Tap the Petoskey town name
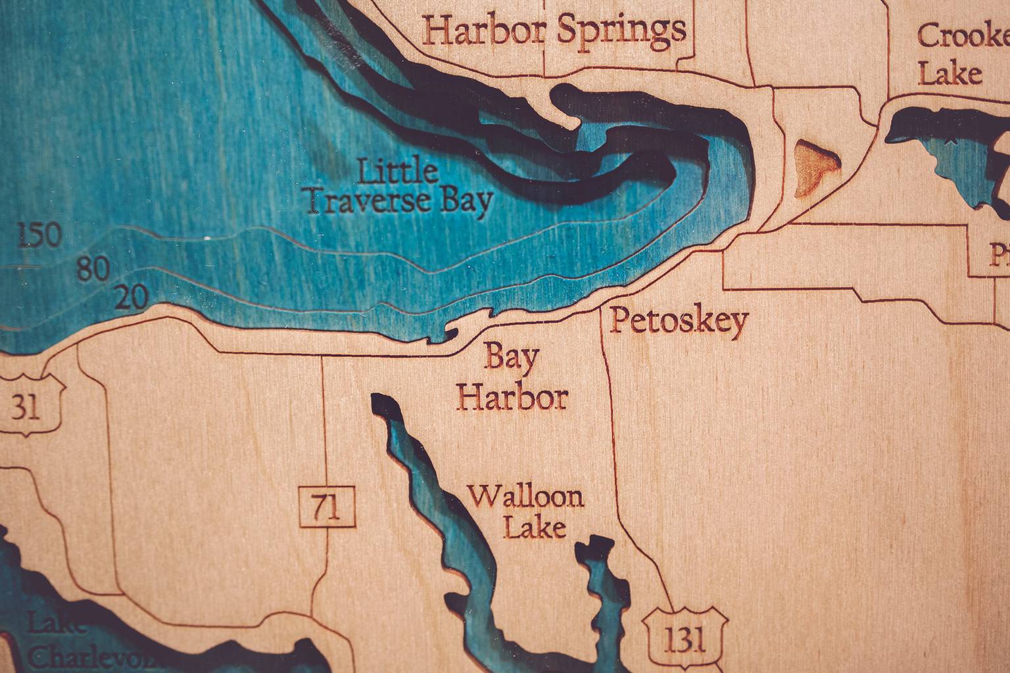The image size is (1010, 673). [x=679, y=321]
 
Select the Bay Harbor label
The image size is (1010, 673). [x=513, y=379]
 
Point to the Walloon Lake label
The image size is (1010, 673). [x=526, y=511]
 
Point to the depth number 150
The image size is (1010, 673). [x=39, y=236]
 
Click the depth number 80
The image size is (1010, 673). [x=92, y=269]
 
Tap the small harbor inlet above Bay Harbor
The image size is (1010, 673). [x=446, y=333]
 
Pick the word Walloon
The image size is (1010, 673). [x=526, y=496]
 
